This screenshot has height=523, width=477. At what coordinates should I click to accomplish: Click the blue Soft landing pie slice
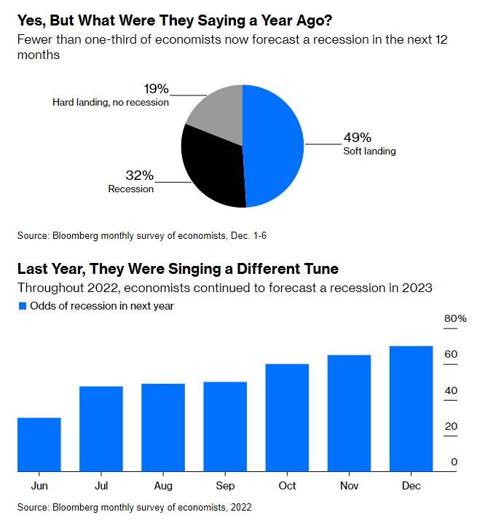click(273, 146)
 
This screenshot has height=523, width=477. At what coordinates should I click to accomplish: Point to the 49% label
click(357, 137)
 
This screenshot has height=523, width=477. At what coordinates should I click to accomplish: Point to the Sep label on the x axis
click(225, 485)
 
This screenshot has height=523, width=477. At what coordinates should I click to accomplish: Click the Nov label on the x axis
click(349, 485)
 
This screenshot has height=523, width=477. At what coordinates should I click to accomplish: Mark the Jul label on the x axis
click(100, 485)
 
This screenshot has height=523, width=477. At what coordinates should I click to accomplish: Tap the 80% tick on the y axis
click(455, 319)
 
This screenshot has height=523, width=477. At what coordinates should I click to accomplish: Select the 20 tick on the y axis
click(451, 426)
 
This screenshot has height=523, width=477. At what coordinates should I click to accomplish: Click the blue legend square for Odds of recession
click(22, 306)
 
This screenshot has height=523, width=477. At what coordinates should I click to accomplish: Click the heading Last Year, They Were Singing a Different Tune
click(178, 269)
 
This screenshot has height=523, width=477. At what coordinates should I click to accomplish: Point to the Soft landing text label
click(369, 151)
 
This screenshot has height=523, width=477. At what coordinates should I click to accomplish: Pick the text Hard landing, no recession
click(111, 103)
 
